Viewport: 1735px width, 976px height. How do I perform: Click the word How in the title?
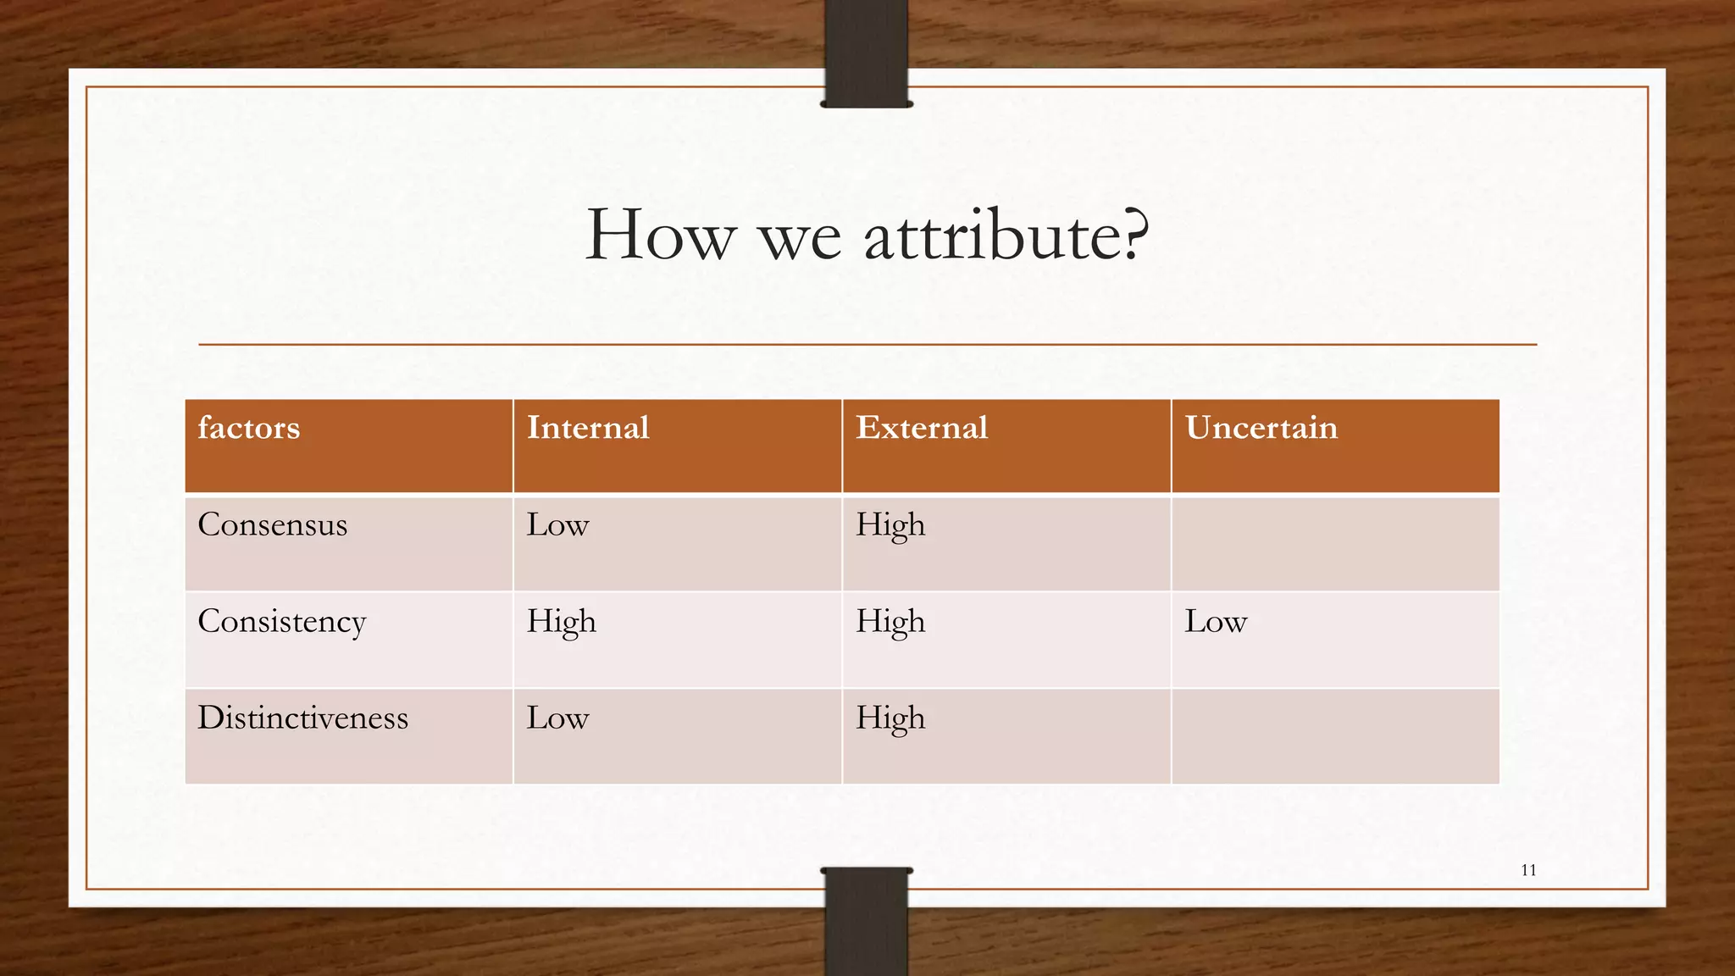pyautogui.click(x=659, y=236)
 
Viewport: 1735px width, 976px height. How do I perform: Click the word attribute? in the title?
pyautogui.click(x=1006, y=236)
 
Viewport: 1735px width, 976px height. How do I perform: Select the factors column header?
pyautogui.click(x=249, y=428)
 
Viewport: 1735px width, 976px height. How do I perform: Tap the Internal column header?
pyautogui.click(x=588, y=428)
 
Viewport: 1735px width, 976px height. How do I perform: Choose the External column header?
pyautogui.click(x=922, y=428)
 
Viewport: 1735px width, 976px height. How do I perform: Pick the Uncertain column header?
pyautogui.click(x=1261, y=428)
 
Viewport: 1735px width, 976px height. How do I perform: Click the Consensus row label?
pyautogui.click(x=273, y=524)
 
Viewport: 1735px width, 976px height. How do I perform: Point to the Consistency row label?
pyautogui.click(x=281, y=622)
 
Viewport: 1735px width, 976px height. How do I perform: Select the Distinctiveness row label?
pyautogui.click(x=302, y=718)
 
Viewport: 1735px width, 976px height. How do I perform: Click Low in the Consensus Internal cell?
pyautogui.click(x=557, y=524)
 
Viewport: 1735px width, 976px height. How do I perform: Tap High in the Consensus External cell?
pyautogui.click(x=890, y=526)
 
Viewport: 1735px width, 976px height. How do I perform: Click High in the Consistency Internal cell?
pyautogui.click(x=561, y=623)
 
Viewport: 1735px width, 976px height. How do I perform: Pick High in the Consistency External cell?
pyautogui.click(x=890, y=623)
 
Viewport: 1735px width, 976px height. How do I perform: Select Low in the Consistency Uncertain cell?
pyautogui.click(x=1216, y=622)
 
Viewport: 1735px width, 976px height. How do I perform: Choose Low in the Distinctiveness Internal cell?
pyautogui.click(x=557, y=718)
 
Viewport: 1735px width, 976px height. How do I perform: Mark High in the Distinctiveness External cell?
pyautogui.click(x=890, y=719)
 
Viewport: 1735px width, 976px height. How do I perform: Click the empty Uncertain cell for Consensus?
pyautogui.click(x=1335, y=543)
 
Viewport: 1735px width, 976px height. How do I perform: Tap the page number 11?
pyautogui.click(x=1528, y=870)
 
